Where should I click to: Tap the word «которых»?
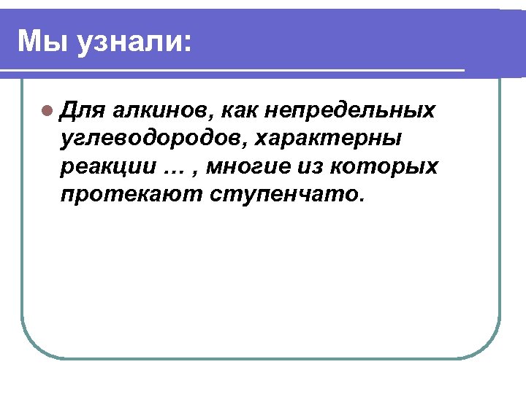pyautogui.click(x=384, y=167)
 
